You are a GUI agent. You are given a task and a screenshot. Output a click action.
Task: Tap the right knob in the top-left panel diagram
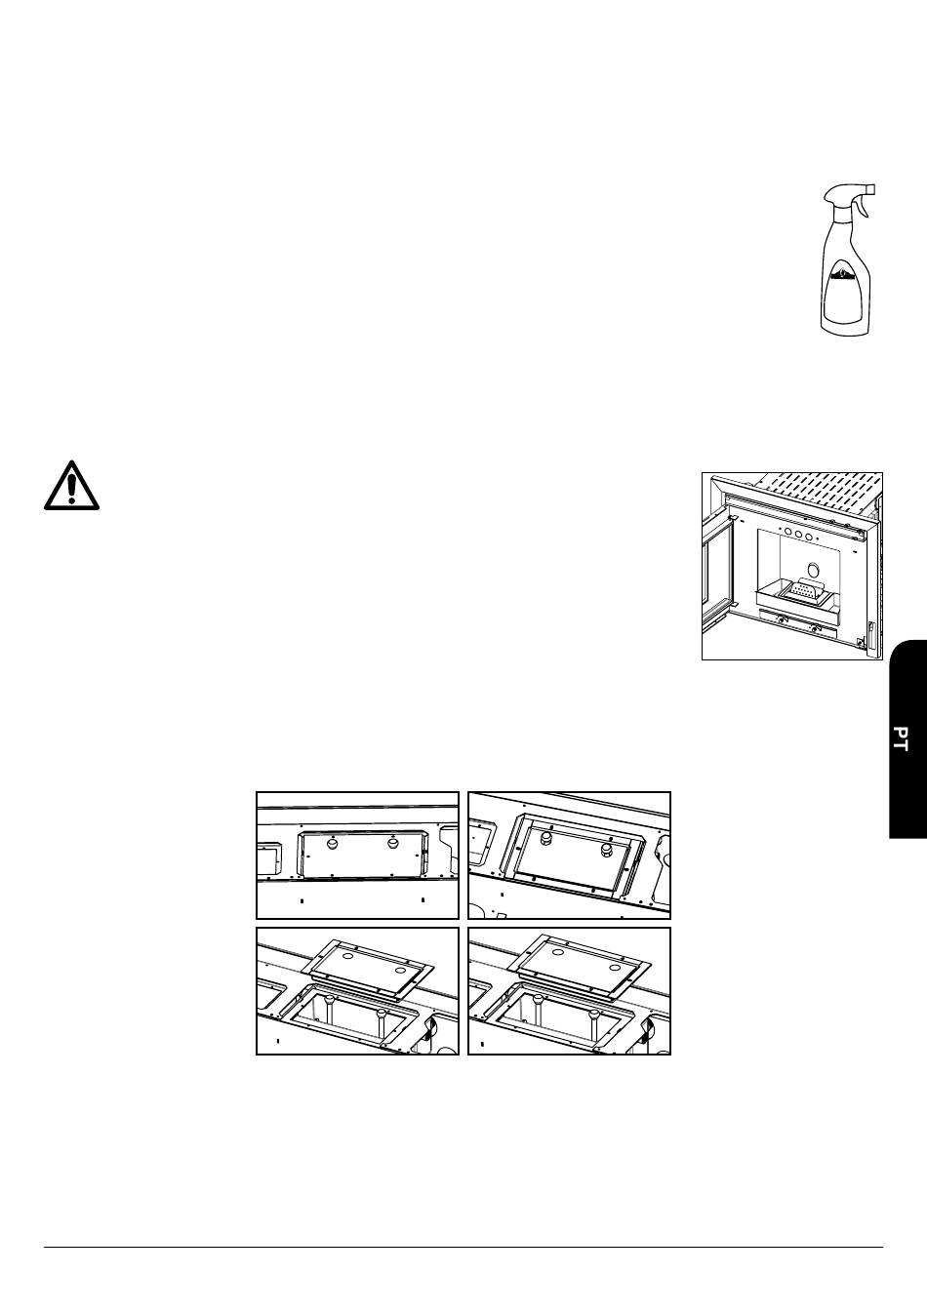pyautogui.click(x=392, y=843)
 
